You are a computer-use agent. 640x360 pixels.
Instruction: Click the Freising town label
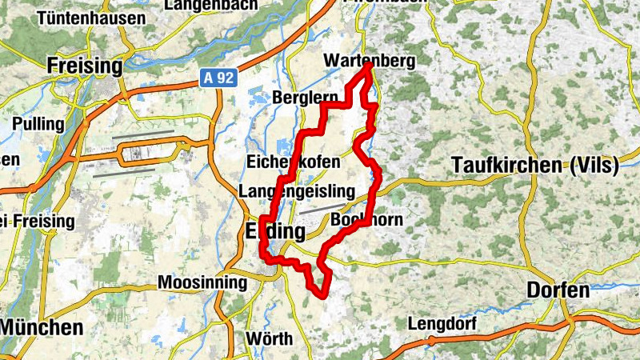tap(84, 66)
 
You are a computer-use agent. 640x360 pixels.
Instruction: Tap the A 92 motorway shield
tap(209, 78)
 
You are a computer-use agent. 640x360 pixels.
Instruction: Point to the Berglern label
tap(306, 97)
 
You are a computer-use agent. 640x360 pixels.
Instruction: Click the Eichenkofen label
tap(294, 162)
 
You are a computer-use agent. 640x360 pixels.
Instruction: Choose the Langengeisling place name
tap(296, 191)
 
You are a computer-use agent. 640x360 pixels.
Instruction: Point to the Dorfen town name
tap(558, 290)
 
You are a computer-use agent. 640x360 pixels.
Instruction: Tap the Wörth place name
tap(269, 338)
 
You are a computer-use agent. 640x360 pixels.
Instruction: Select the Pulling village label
tap(38, 124)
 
